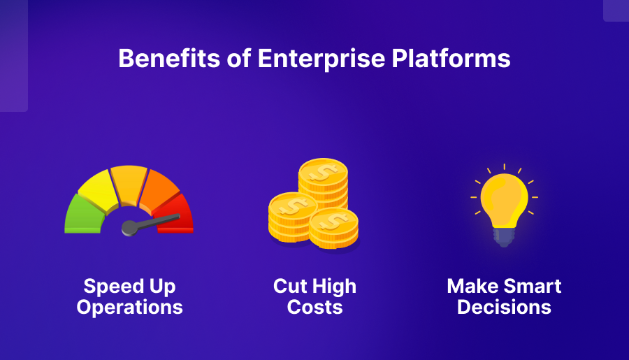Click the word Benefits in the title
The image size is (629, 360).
coord(169,59)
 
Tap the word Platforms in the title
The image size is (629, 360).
coord(451,59)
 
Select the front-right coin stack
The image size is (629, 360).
coord(334,229)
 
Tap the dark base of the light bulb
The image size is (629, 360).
coord(504,237)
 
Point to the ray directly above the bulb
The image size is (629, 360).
coord(504,167)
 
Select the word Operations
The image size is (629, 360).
coord(129,308)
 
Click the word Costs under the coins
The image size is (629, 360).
coord(315,308)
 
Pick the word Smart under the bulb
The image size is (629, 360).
coord(533,287)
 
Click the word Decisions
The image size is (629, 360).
coord(504,308)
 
